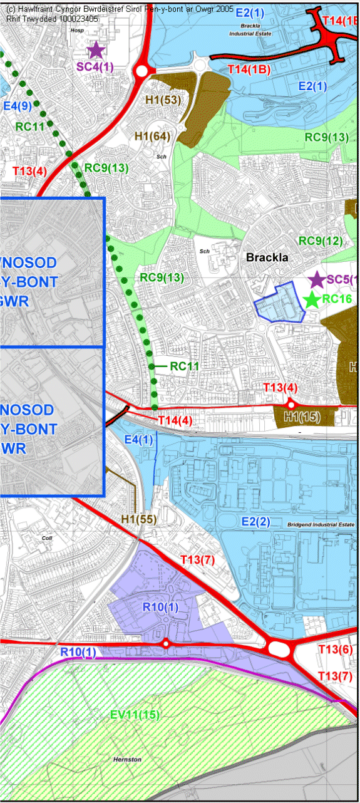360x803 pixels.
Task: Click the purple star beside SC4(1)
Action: pos(96,49)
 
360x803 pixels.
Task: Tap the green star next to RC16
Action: pos(312,299)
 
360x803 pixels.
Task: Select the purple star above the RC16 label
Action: pos(317,279)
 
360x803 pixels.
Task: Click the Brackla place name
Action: pos(267,257)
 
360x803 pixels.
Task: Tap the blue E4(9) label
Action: pos(18,106)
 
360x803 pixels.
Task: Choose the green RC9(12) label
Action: pos(321,241)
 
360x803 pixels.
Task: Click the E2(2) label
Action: pos(255,522)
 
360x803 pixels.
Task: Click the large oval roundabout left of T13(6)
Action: pos(277,648)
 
